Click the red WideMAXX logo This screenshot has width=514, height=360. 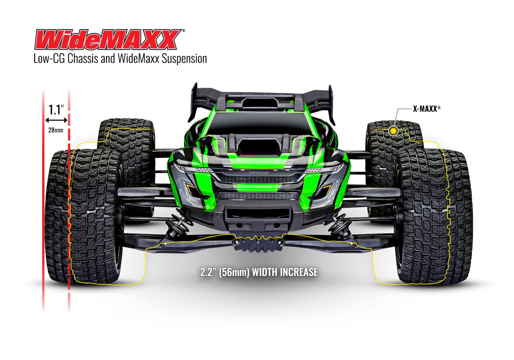coord(107,40)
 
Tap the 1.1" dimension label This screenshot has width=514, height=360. coord(56,110)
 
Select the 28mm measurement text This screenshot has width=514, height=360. coord(56,130)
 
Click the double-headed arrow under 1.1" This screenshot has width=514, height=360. coord(56,120)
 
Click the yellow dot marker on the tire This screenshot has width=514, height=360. coord(393,131)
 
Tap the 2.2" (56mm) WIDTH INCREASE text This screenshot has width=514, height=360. coord(259,272)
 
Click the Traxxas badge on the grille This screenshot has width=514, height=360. coord(259,172)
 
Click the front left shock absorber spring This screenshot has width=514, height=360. coord(175,226)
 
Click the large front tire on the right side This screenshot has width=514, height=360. coord(433,216)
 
